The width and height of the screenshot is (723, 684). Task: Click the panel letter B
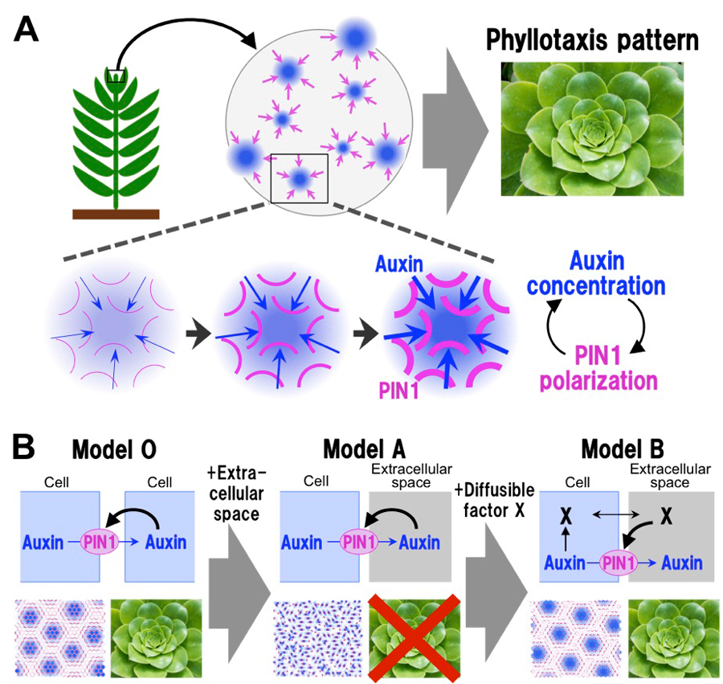[x=27, y=444]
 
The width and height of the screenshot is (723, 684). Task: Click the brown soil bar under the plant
[x=116, y=214]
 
